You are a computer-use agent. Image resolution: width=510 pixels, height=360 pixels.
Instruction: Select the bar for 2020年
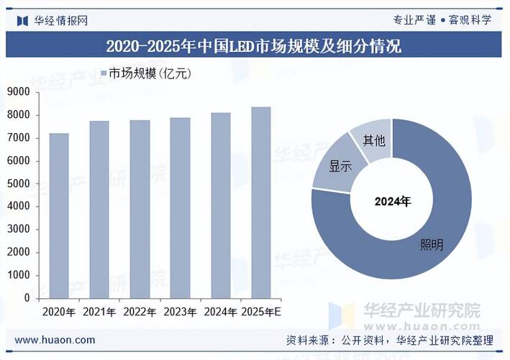pos(59,215)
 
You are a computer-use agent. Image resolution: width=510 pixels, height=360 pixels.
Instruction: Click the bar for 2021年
pos(99,209)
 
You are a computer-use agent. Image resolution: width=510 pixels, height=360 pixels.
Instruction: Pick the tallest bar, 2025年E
pos(260,202)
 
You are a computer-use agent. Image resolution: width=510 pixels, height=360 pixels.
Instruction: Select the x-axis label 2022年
pos(140,312)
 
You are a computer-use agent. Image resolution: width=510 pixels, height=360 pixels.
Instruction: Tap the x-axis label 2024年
pos(220,312)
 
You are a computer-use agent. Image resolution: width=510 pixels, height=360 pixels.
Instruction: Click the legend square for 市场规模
pos(103,73)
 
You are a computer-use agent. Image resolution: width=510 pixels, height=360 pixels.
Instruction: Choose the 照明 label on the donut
pos(432,245)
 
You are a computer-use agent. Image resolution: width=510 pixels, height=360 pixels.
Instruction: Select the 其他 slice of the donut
pos(373,140)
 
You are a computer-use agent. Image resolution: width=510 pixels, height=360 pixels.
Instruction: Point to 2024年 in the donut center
pos(392,202)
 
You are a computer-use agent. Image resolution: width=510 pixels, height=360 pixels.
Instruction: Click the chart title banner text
pos(254,47)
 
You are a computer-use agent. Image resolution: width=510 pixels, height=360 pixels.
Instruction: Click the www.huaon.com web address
pos(55,340)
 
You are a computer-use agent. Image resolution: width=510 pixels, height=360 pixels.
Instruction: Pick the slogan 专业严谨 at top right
pos(414,20)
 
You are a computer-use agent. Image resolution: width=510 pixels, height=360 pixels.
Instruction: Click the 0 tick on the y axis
pos(27,297)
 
